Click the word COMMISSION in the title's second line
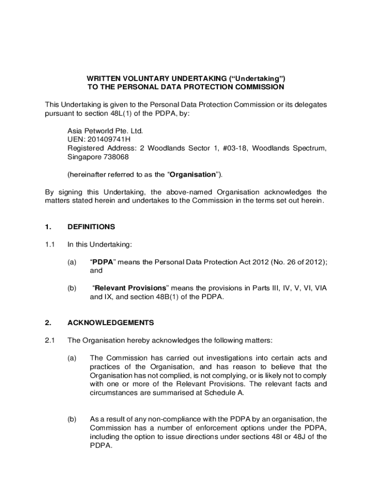click(257, 87)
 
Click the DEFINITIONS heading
click(91, 226)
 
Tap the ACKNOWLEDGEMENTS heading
click(111, 322)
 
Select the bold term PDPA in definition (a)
click(103, 262)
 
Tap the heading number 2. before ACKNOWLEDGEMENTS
click(47, 322)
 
